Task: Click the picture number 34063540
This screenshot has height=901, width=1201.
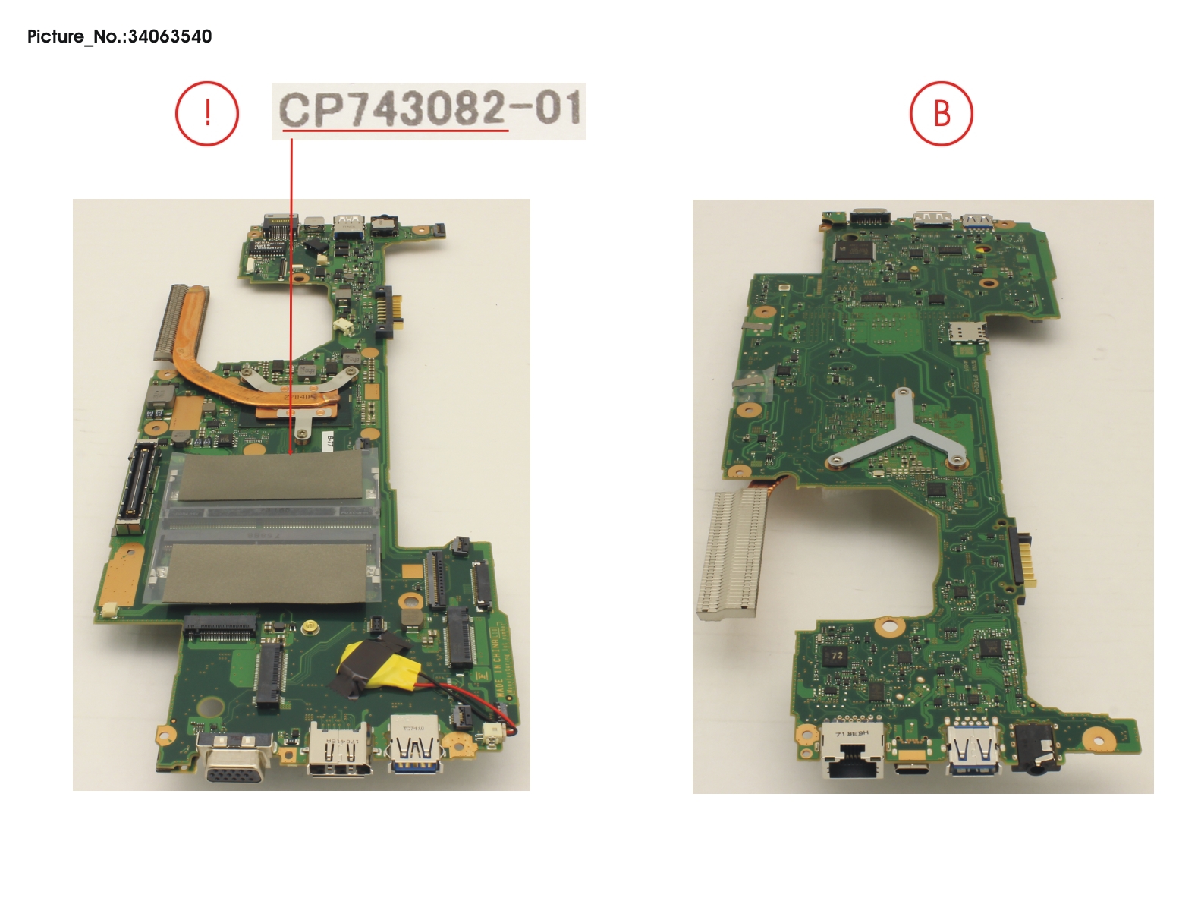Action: point(119,36)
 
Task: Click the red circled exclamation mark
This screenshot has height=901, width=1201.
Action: point(207,114)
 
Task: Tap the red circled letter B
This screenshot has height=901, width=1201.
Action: point(941,114)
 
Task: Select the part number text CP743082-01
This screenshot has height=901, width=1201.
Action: point(429,109)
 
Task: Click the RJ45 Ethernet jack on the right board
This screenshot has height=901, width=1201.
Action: point(854,754)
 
